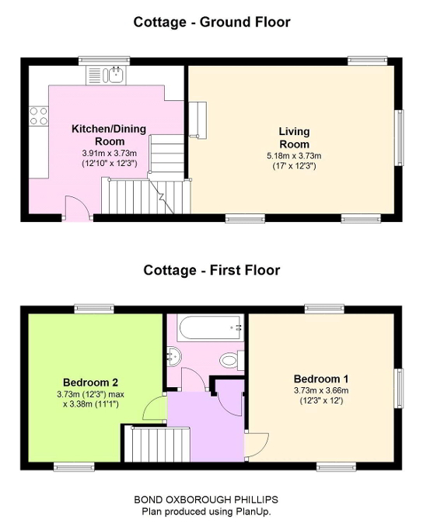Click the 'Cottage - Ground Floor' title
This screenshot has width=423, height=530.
211,22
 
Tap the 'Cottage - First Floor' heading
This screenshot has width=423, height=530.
211,270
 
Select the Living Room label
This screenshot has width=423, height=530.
294,137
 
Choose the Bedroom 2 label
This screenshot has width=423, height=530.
90,382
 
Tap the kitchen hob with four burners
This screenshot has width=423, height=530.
38,116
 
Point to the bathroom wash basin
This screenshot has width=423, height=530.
173,356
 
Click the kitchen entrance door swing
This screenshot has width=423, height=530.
75,208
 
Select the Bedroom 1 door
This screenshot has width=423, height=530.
257,443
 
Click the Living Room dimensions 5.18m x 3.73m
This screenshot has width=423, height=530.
294,155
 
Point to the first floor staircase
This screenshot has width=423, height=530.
148,447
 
